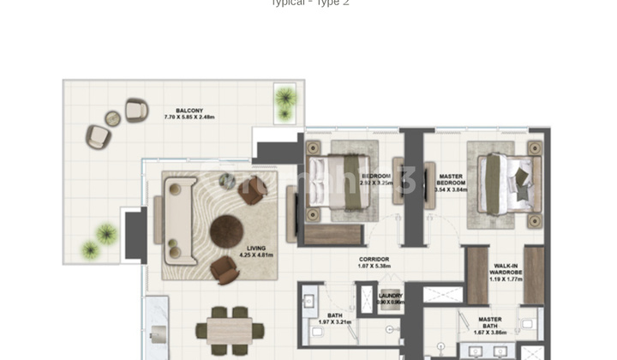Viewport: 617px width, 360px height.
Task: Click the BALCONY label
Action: point(189,111)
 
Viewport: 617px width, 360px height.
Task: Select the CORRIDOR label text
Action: point(374,259)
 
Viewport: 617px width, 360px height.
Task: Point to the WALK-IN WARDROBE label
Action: point(504,270)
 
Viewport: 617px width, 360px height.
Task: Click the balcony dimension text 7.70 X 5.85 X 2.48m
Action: point(189,117)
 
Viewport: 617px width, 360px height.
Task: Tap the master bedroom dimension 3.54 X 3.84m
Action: point(450,189)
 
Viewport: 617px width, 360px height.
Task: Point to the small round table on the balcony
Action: point(113,118)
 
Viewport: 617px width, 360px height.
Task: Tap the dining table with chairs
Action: point(229,328)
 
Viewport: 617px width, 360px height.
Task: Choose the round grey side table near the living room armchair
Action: point(227,180)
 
